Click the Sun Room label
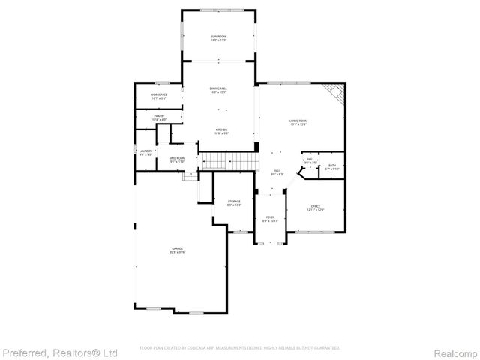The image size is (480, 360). [219, 37]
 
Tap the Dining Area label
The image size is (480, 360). [218, 89]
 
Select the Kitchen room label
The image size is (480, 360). [221, 130]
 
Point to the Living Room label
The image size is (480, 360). [298, 121]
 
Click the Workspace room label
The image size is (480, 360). [159, 94]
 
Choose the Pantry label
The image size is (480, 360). [159, 115]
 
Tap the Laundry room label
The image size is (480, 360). [145, 151]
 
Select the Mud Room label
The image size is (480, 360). [177, 158]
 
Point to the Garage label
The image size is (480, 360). [177, 248]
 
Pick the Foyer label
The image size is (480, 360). [270, 217]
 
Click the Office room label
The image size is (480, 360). [316, 206]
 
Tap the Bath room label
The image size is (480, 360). [331, 165]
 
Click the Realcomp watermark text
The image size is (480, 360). [456, 352]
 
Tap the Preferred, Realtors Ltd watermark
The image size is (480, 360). [60, 352]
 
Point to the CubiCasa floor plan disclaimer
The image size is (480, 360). [240, 348]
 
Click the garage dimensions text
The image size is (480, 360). [177, 252]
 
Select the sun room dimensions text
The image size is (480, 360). [219, 40]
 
